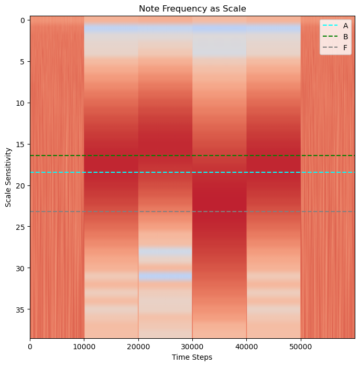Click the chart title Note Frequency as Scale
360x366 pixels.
point(192,8)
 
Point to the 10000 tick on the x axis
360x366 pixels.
point(84,347)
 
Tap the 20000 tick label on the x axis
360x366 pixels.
point(138,347)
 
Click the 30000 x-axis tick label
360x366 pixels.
point(192,347)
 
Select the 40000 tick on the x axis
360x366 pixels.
point(246,347)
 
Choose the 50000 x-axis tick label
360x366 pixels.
point(300,347)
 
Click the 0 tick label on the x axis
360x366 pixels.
point(30,347)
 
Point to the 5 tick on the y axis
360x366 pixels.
point(21,62)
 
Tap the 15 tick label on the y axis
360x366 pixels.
point(20,145)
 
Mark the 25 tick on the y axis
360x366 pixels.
point(20,227)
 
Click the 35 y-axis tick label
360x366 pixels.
point(20,309)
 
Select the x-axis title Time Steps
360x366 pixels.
point(192,357)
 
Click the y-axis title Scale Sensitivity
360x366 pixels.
point(8,177)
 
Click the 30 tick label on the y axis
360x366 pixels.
point(20,268)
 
